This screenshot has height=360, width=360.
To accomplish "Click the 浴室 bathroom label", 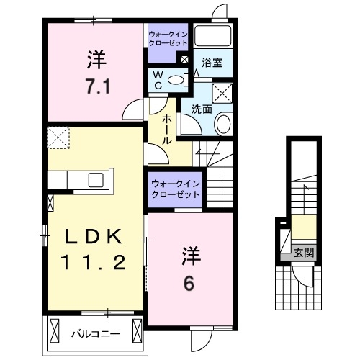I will point(212,63).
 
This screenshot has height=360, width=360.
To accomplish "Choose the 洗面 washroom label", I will point(201,109).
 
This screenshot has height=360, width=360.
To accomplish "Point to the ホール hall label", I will point(166,130).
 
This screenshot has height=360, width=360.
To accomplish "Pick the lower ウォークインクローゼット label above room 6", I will point(176,189).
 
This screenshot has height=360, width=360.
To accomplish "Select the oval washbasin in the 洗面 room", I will point(222,125).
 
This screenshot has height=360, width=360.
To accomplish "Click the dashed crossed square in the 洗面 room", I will point(222,92).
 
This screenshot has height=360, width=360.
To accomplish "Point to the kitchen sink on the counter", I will point(96,180).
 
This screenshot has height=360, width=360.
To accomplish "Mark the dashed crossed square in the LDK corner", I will point(57,135).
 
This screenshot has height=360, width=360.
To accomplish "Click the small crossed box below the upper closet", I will point(185,60).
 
